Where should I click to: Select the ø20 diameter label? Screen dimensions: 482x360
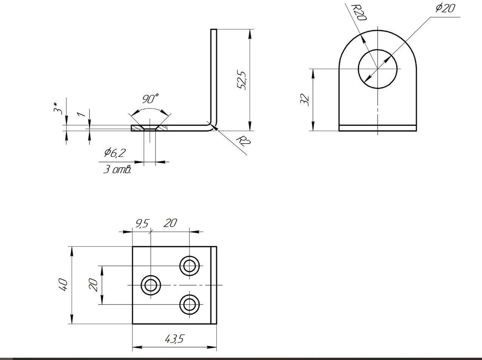(445, 8)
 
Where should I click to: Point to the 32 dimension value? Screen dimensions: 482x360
(305, 100)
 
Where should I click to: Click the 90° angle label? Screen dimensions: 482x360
(150, 99)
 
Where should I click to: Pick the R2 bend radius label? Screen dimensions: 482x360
(243, 141)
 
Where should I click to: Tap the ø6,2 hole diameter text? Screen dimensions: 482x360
(115, 153)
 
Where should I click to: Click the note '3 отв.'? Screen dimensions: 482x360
(117, 170)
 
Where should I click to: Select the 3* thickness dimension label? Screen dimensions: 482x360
(58, 108)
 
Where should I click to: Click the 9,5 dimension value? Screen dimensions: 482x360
(142, 224)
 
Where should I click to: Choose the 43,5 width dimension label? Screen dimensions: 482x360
(174, 339)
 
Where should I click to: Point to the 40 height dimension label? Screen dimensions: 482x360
(63, 285)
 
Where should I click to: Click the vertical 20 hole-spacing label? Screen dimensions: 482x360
(93, 285)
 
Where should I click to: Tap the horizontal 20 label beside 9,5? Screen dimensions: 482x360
(170, 223)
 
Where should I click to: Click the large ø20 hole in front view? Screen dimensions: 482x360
(378, 69)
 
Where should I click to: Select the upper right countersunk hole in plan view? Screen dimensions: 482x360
(189, 266)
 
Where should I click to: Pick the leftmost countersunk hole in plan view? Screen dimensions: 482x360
(151, 285)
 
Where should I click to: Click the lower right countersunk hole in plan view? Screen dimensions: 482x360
(189, 304)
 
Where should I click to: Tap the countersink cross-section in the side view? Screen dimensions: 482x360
(150, 128)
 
